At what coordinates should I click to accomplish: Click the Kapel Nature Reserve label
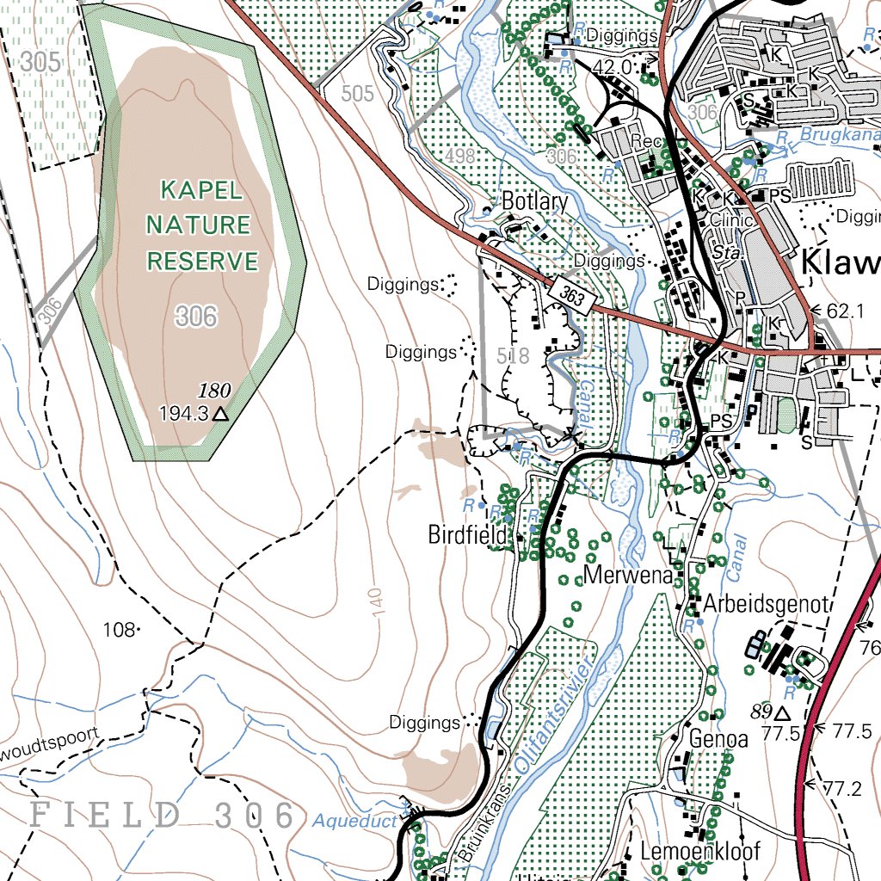click(202, 225)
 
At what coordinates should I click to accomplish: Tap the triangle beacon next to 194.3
click(221, 414)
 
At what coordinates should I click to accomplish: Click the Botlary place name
click(534, 202)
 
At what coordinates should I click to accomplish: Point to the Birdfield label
click(467, 535)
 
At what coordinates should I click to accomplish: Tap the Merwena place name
click(627, 576)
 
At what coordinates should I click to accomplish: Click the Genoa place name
click(718, 739)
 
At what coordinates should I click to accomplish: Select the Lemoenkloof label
click(700, 852)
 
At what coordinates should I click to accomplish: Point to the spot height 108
click(119, 630)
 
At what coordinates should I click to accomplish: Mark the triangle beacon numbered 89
click(782, 713)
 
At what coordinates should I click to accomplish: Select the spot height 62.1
click(843, 311)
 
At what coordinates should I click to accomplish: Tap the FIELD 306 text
click(163, 815)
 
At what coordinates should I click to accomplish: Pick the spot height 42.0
click(612, 67)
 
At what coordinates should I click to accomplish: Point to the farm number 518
click(514, 354)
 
